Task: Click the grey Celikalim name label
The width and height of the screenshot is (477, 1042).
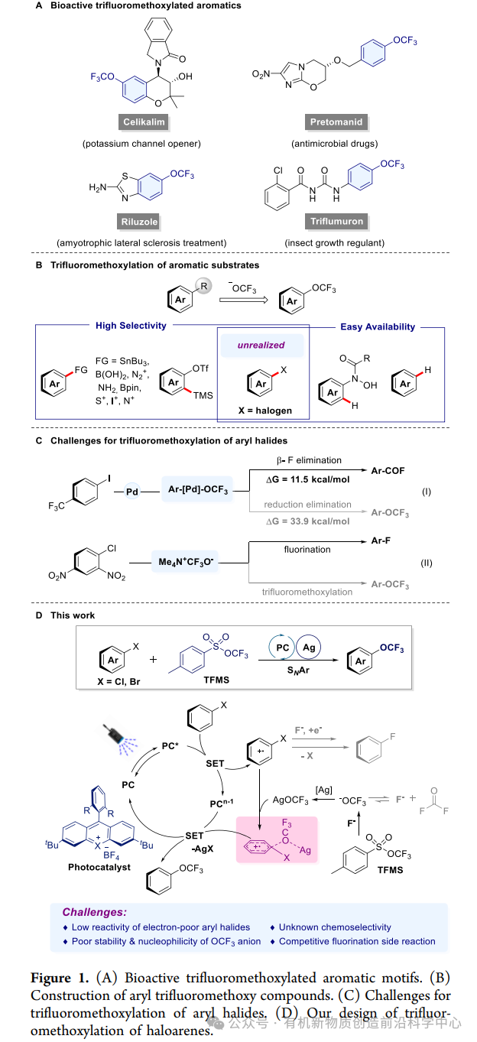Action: point(145,122)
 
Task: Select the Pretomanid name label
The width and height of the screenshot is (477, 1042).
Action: point(336,122)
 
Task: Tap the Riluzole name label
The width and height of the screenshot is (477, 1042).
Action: point(139,222)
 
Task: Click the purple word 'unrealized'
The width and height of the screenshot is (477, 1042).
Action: point(261,345)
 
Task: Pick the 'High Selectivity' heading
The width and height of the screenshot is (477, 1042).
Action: point(131,326)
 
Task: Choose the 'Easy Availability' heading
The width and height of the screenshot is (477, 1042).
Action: point(378,326)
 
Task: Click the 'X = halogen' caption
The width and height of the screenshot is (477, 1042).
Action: point(264,411)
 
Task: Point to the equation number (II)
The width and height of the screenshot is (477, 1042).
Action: point(426,563)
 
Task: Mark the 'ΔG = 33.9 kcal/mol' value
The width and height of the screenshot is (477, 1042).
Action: point(307,521)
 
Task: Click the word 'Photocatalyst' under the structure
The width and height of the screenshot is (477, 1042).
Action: point(99,867)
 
